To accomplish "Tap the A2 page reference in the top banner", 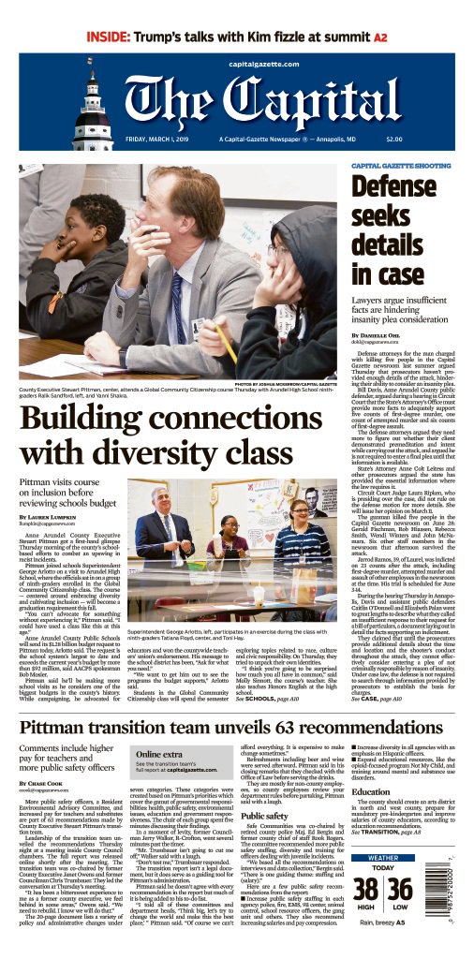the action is point(380,37).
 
